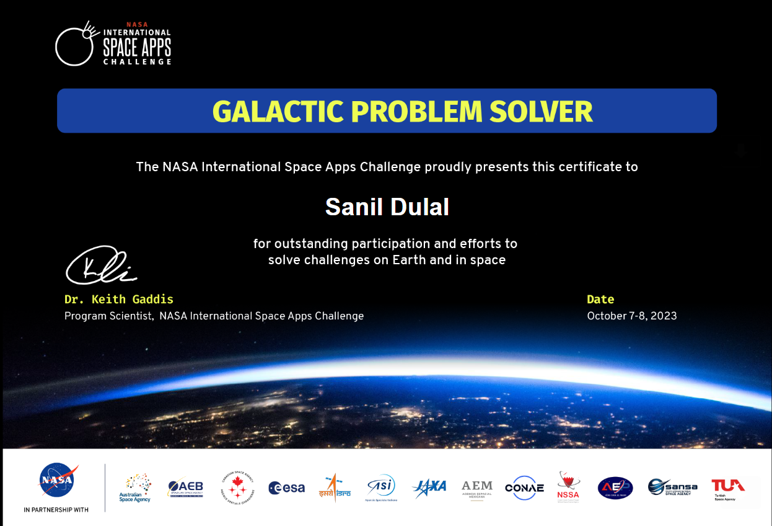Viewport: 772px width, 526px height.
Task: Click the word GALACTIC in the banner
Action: tap(278, 112)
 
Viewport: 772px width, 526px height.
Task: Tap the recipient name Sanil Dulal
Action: tap(387, 207)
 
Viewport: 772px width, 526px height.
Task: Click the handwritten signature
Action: tap(101, 266)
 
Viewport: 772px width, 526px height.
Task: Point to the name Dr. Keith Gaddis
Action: tap(119, 300)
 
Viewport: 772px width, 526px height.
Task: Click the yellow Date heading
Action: tap(600, 300)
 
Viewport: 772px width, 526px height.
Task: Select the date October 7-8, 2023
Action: tap(631, 316)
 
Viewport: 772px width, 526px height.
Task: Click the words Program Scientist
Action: tap(108, 316)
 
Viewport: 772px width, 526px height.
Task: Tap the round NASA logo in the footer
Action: tap(56, 481)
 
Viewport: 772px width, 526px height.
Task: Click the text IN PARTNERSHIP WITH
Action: tap(56, 510)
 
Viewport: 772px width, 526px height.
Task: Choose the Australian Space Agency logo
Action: tap(135, 488)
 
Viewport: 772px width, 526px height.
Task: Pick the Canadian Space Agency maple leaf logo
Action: tap(237, 488)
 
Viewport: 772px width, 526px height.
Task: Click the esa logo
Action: tap(286, 488)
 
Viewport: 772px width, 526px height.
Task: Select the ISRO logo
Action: tap(335, 488)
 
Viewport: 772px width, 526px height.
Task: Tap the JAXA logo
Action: tap(429, 486)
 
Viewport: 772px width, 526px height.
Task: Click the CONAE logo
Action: tap(524, 488)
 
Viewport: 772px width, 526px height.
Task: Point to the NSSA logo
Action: tap(568, 486)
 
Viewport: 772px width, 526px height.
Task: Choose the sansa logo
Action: tap(672, 487)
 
